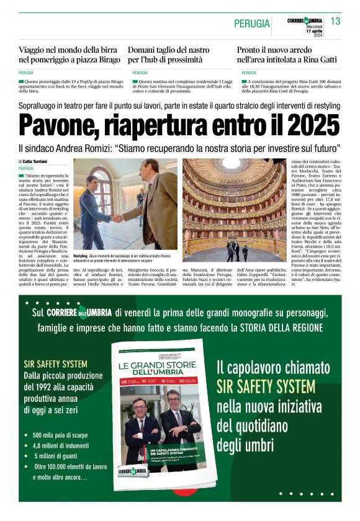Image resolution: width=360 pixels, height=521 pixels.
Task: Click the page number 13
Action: tap(336, 22)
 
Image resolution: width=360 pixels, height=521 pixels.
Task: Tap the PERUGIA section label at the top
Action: tap(252, 24)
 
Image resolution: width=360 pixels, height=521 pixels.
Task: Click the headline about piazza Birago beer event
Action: tap(69, 55)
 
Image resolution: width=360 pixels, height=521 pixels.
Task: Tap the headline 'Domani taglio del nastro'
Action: tap(169, 49)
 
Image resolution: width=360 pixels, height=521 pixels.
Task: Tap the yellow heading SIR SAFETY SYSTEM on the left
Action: tap(55, 364)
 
